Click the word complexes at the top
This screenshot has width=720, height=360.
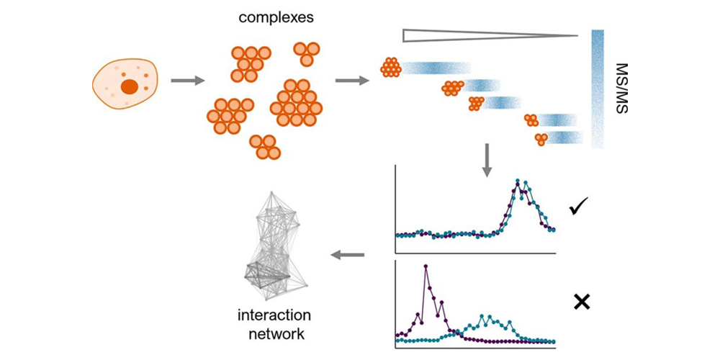276,17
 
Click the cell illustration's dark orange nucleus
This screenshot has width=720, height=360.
130,87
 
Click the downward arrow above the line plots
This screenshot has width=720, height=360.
487,160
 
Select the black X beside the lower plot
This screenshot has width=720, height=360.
582,302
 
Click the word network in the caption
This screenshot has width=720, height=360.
271,334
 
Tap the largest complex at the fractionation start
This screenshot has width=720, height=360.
390,68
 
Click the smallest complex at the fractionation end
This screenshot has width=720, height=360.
541,138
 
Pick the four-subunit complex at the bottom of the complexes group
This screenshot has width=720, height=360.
264,146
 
